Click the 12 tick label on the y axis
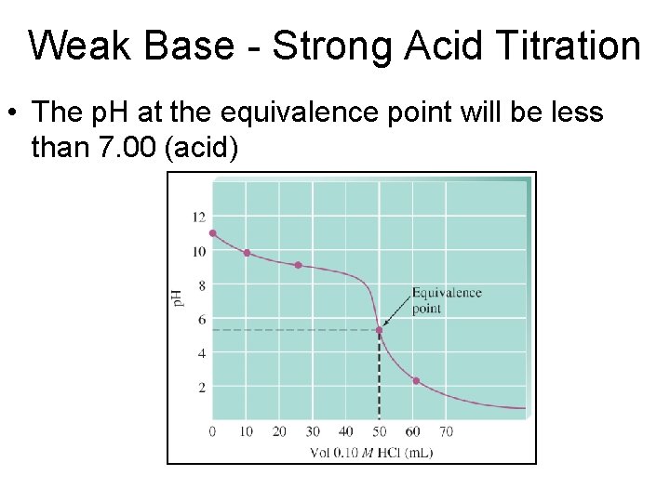(x=198, y=218)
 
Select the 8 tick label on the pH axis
(x=201, y=285)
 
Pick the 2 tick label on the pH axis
(x=201, y=388)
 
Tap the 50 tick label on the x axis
(x=379, y=431)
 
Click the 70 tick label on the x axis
(x=446, y=431)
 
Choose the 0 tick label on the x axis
(x=213, y=431)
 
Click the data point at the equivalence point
(x=379, y=329)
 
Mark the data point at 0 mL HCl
(x=213, y=233)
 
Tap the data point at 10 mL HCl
(x=247, y=253)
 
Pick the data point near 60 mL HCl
(x=416, y=381)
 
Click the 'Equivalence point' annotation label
(x=447, y=300)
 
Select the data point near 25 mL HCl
(x=298, y=265)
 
